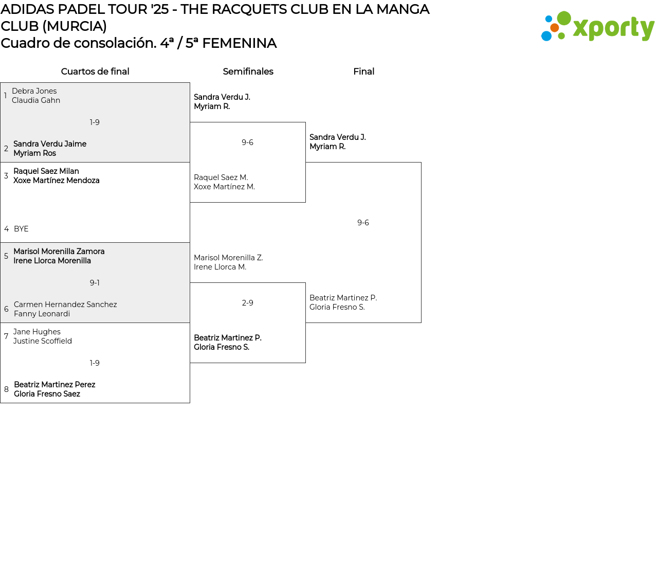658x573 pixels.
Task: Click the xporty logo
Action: coord(597,27)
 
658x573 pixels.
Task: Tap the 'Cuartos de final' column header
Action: coord(95,71)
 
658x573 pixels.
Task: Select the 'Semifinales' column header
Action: coord(248,71)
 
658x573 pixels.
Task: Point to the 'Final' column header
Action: coord(363,71)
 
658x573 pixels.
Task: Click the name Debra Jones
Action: coord(34,91)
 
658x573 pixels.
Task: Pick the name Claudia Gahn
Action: coord(36,100)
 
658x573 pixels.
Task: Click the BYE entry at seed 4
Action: coord(21,229)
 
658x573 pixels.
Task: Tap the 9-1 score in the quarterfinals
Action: coord(95,283)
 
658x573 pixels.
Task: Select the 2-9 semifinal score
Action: coord(247,303)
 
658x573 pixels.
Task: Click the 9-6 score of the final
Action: coord(363,223)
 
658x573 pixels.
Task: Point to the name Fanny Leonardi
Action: coord(42,314)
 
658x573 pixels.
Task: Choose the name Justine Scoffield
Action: coord(43,341)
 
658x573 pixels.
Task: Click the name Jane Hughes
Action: coord(37,332)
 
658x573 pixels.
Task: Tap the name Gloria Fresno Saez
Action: coord(47,394)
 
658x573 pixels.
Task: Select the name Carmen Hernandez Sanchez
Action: coord(65,305)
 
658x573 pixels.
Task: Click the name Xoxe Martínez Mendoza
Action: coord(57,181)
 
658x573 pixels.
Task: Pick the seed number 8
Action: coord(6,389)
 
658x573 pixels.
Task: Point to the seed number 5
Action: coord(6,256)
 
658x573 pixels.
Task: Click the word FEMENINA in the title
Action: coord(239,43)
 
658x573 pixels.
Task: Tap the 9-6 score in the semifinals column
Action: coord(247,142)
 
